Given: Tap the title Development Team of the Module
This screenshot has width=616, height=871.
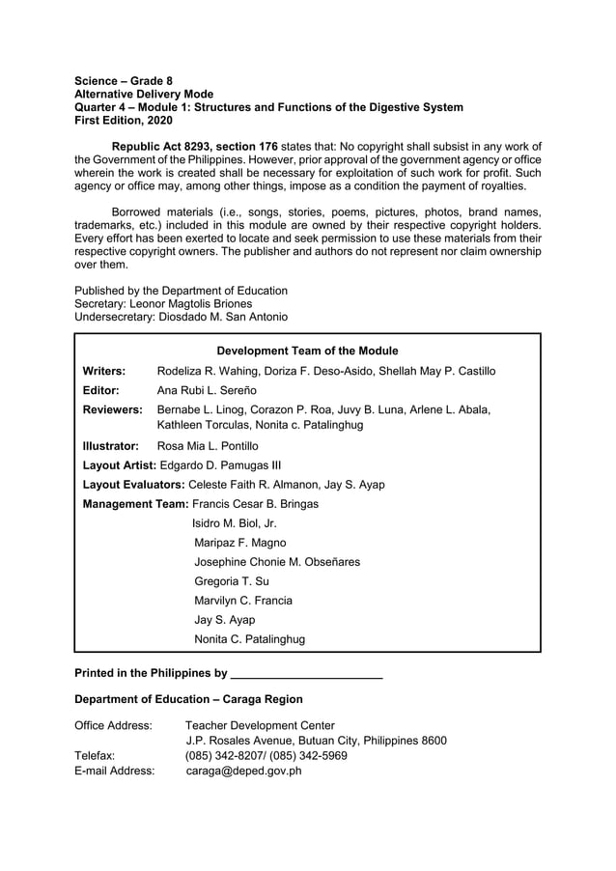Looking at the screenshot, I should [x=307, y=351].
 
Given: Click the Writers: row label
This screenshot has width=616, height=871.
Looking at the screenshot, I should [x=104, y=371].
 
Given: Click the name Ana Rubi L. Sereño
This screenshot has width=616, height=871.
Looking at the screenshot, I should [x=207, y=391].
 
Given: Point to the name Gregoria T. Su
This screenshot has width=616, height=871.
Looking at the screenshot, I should [x=232, y=581].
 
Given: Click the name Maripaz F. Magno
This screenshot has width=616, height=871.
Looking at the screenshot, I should [x=240, y=543].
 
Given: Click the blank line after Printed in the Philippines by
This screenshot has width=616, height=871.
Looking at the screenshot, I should [x=307, y=672].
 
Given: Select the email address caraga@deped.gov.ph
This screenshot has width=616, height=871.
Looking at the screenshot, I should [x=244, y=771].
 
